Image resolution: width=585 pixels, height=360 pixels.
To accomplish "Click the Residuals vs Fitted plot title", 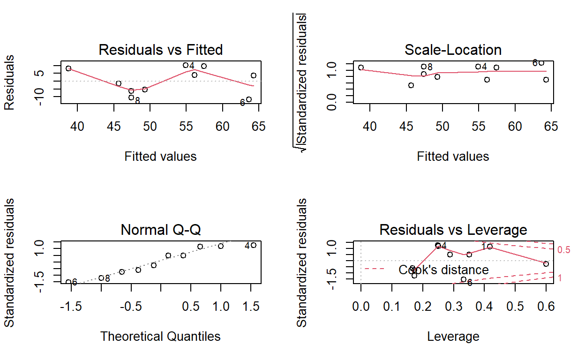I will point(160,50).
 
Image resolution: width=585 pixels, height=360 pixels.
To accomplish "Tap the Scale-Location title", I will point(453,50).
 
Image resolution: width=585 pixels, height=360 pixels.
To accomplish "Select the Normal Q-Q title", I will point(160,230).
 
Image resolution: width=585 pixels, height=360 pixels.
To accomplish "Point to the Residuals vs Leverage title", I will point(453,230).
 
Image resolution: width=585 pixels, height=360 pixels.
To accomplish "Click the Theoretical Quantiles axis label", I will point(160,336).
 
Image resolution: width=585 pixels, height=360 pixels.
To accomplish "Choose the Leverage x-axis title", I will point(453,336).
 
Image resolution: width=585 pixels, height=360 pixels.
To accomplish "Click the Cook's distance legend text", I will point(443,270).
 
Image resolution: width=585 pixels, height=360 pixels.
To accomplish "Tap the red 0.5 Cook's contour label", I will point(564,250).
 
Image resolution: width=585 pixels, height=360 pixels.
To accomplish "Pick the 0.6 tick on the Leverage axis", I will point(546,307).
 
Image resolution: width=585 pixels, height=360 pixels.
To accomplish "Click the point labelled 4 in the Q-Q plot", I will point(254,245).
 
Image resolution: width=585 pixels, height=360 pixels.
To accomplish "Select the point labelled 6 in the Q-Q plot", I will point(68,282).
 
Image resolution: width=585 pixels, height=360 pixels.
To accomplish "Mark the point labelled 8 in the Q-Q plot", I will point(101,278).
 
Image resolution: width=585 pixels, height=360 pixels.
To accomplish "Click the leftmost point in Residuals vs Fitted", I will point(68,68).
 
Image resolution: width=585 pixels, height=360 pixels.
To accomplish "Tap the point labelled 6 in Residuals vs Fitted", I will point(249,99).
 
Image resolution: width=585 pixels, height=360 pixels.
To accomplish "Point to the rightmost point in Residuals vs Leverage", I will point(546,264).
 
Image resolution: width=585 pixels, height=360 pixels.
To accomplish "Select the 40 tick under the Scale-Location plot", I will point(370,127).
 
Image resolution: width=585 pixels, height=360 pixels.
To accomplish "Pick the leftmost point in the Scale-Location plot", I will point(361,67).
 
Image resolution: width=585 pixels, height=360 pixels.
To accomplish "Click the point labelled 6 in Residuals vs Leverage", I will point(464,279).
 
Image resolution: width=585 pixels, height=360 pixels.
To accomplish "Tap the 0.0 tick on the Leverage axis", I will point(361,307).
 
